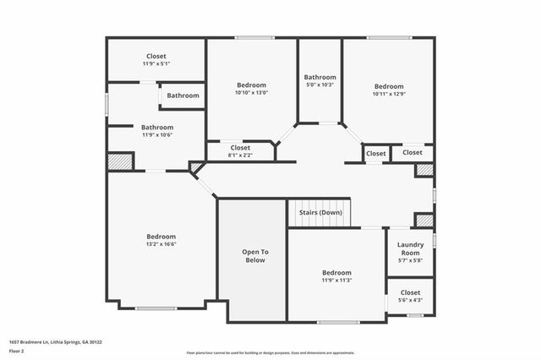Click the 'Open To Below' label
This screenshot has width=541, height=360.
[x=254, y=256]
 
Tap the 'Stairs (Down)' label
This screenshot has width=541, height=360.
[x=320, y=212]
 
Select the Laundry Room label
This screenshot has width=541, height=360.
[x=410, y=248]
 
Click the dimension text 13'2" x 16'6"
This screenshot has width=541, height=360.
[x=161, y=244]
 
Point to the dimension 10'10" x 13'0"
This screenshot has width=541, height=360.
[x=251, y=93]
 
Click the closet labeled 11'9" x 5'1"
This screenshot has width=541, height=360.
[x=156, y=63]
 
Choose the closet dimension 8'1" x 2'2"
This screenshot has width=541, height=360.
[x=241, y=155]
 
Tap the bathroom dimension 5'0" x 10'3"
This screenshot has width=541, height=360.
[x=320, y=85]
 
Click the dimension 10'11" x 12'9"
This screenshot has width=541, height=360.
[x=389, y=94]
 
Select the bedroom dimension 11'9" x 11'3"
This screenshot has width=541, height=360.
[x=336, y=281]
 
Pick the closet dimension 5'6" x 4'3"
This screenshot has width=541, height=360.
[x=410, y=300]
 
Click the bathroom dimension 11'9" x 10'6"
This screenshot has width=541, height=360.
[x=156, y=135]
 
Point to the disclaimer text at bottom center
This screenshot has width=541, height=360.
[x=270, y=352]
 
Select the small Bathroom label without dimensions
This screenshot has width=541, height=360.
[x=183, y=95]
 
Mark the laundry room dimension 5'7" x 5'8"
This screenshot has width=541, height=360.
[x=410, y=260]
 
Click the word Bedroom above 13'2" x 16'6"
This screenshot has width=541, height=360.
[x=161, y=237]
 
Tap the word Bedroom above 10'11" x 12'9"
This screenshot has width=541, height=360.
[x=389, y=86]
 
